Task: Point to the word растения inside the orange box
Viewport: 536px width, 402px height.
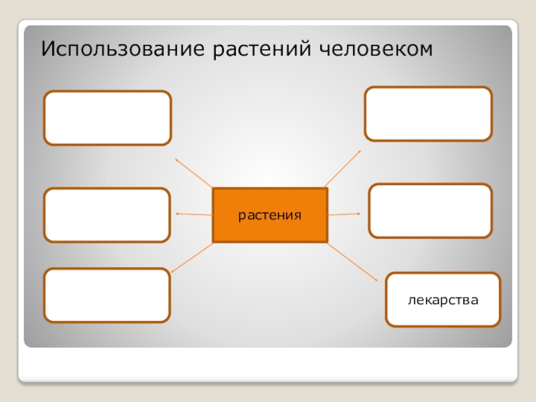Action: pyautogui.click(x=270, y=216)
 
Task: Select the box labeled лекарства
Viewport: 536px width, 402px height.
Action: pyautogui.click(x=443, y=299)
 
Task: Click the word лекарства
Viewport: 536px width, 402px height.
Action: pyautogui.click(x=443, y=299)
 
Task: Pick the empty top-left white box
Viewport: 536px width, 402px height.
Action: pyautogui.click(x=107, y=118)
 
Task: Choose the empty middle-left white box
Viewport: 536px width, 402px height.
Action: pyautogui.click(x=107, y=214)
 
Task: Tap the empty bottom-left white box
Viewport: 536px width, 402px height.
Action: pyautogui.click(x=107, y=295)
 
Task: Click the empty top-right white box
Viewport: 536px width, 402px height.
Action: pyautogui.click(x=428, y=114)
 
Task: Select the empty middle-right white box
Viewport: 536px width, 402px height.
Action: pyautogui.click(x=430, y=211)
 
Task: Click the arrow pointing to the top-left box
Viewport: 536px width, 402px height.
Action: pyautogui.click(x=194, y=173)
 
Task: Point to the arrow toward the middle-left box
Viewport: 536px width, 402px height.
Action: pyautogui.click(x=194, y=214)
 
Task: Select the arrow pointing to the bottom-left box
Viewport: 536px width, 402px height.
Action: pyautogui.click(x=192, y=257)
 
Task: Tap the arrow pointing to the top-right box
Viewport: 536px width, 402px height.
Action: pyautogui.click(x=342, y=168)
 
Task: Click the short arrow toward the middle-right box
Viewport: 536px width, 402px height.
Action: pyautogui.click(x=344, y=214)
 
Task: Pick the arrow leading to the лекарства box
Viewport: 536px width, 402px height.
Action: pyautogui.click(x=353, y=262)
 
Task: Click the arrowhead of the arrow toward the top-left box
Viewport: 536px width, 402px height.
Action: pyautogui.click(x=177, y=159)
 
